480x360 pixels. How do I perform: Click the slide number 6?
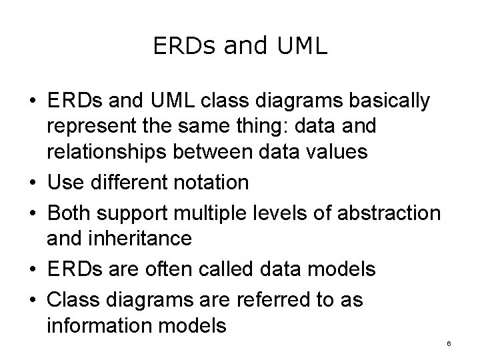click(x=449, y=344)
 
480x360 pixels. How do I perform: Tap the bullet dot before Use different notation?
click(x=32, y=183)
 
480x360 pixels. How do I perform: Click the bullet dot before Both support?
click(x=32, y=214)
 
